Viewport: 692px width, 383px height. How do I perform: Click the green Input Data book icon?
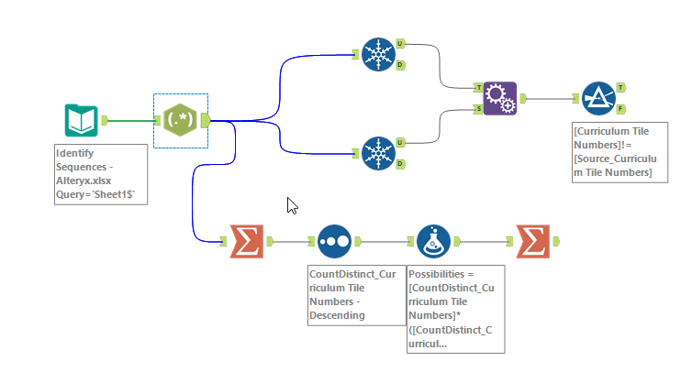point(81,120)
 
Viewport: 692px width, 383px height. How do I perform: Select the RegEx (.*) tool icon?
point(180,120)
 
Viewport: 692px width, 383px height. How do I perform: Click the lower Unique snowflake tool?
point(376,152)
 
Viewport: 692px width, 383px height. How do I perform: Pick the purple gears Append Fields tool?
point(500,97)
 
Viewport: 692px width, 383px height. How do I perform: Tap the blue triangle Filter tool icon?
point(598,97)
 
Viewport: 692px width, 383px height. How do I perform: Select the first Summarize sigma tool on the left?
point(246,241)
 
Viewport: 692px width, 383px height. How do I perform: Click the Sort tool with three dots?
point(334,241)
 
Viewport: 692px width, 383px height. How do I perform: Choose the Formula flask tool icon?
point(433,241)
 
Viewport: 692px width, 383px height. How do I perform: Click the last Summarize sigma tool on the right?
point(532,241)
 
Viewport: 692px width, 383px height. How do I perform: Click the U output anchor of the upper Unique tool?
point(401,43)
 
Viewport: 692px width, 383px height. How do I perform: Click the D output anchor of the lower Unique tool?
point(401,163)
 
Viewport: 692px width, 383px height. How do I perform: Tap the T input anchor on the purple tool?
point(478,87)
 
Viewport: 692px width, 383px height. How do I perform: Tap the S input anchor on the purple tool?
point(478,109)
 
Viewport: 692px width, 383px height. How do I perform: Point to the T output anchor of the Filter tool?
point(621,87)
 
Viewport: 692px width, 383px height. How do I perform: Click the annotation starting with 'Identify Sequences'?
point(100,174)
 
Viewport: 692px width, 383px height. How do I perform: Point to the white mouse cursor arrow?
point(292,205)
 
